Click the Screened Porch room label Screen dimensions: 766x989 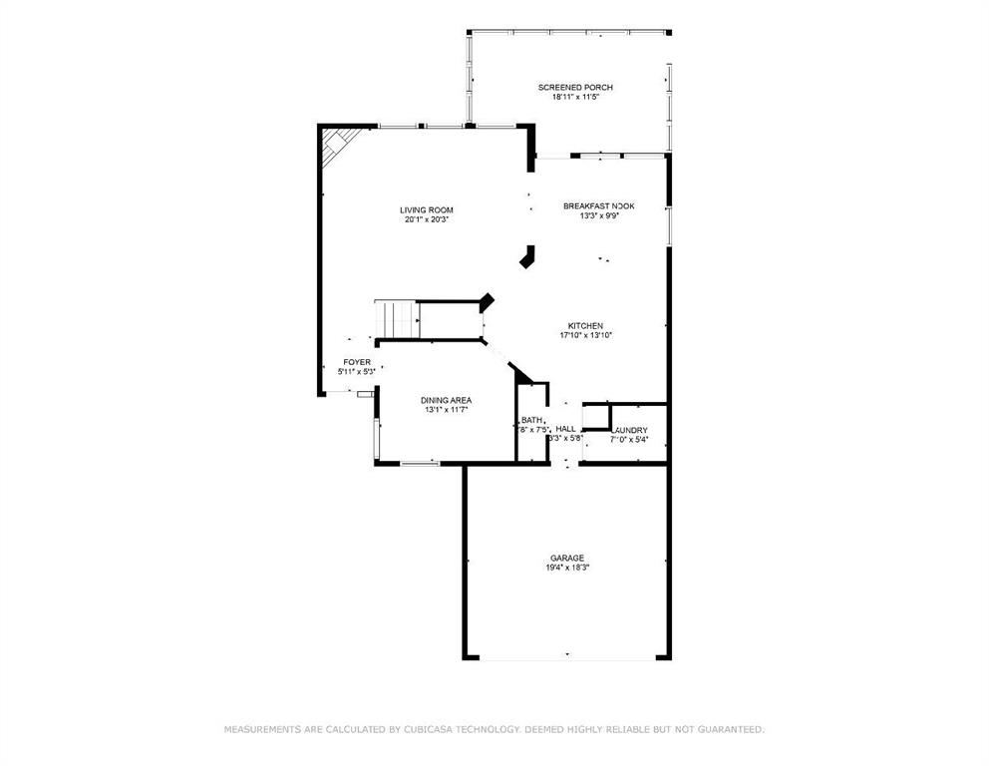pos(575,88)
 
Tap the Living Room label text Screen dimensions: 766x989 pos(427,210)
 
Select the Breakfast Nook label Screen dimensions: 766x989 pos(598,206)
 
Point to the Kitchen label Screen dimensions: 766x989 pos(585,326)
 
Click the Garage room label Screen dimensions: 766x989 pos(566,559)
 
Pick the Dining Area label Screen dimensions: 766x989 pos(447,400)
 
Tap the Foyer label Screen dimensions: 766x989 pos(357,362)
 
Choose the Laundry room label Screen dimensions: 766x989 pos(628,431)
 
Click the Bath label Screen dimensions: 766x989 pos(531,420)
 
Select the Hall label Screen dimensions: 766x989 pos(565,428)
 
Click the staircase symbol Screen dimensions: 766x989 pos(396,319)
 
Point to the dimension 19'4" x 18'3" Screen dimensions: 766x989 pos(566,569)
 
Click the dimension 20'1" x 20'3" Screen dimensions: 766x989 pos(427,220)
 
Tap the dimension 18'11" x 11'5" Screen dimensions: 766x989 pos(575,98)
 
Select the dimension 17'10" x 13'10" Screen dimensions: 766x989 pos(585,336)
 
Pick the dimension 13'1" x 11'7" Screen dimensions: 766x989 pos(447,410)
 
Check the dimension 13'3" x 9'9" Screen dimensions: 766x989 pos(598,216)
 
